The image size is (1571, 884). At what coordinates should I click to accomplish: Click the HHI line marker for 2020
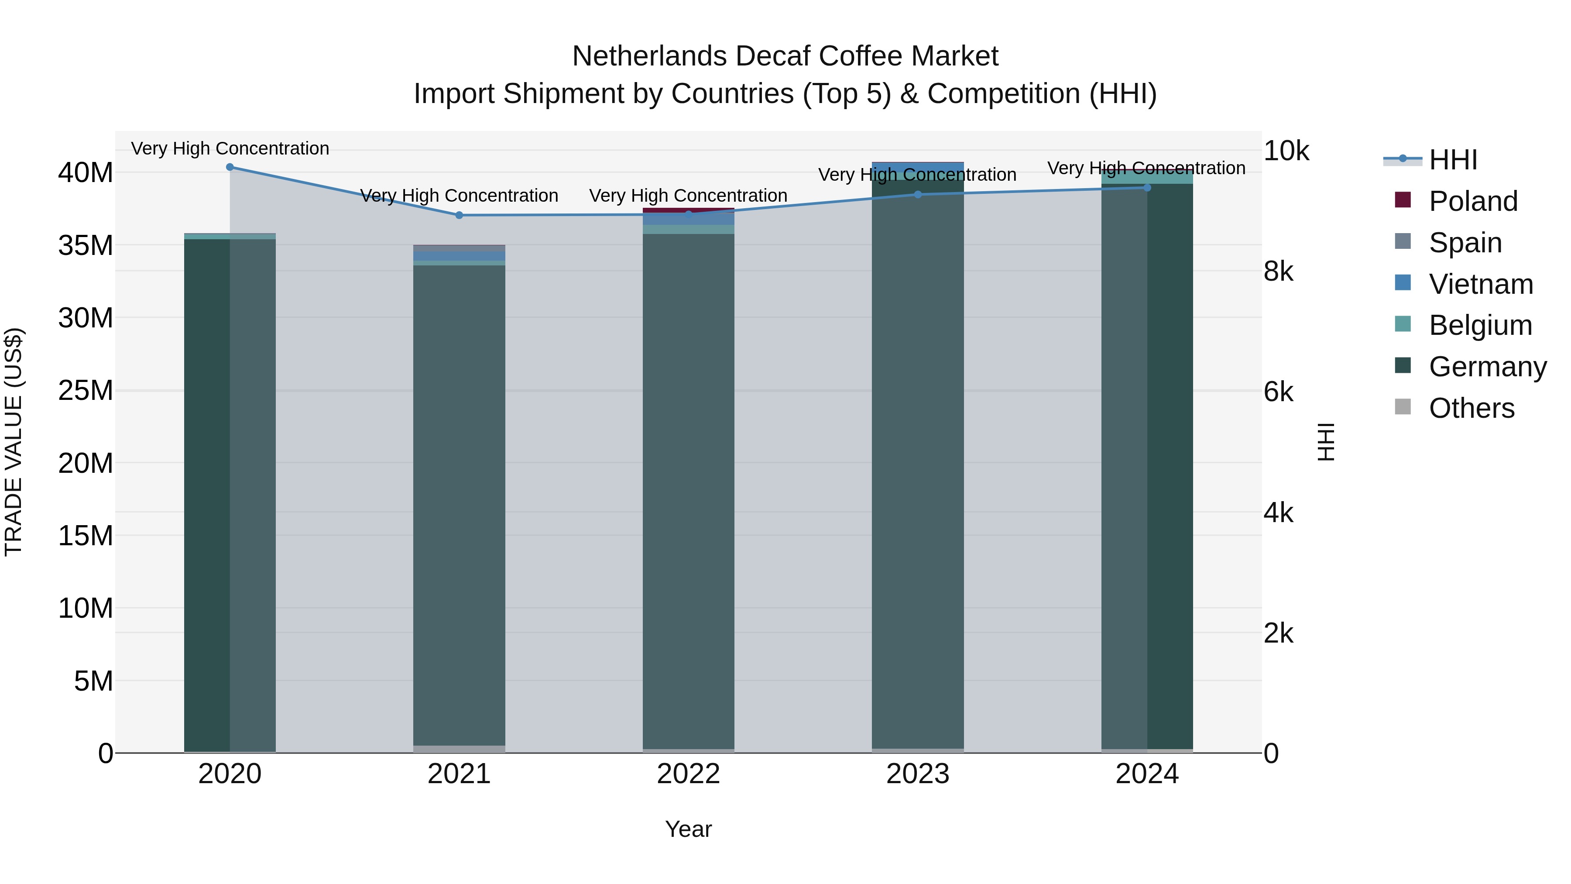[230, 167]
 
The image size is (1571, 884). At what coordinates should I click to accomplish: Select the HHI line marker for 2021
[459, 215]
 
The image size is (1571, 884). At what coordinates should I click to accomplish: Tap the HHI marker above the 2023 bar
[918, 195]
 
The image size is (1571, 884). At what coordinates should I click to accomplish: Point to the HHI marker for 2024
[1147, 188]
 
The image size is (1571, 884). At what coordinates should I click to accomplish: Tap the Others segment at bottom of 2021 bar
[459, 749]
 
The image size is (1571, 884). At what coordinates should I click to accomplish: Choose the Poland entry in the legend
[1473, 201]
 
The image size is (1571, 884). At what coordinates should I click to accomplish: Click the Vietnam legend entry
[1481, 284]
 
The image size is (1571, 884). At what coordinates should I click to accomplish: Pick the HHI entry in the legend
[1453, 160]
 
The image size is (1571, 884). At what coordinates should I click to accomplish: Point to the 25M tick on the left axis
[86, 390]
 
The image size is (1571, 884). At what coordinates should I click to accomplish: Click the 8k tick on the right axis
[1278, 272]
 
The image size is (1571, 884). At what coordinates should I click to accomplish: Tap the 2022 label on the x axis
[689, 774]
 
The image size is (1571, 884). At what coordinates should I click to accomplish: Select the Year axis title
[689, 829]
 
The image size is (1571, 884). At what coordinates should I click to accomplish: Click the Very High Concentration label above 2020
[230, 148]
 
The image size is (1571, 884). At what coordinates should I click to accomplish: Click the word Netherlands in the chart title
[649, 56]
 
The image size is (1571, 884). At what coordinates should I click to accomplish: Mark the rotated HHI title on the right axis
[1326, 442]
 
